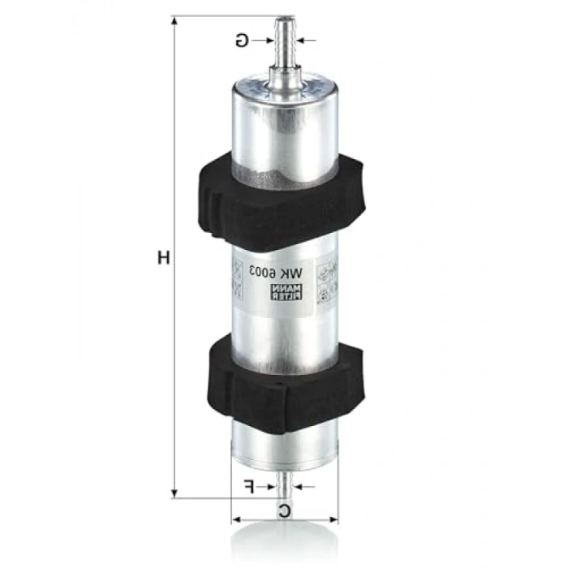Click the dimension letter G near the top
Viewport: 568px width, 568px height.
pos(242,38)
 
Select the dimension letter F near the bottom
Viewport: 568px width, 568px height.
pos(250,487)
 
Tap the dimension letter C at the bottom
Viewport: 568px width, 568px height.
pos(284,510)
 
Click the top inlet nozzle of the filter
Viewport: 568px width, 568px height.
pos(284,41)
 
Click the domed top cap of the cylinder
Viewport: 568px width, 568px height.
pos(284,89)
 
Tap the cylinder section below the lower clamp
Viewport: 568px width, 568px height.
pos(284,442)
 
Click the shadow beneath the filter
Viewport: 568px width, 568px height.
pos(284,542)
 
